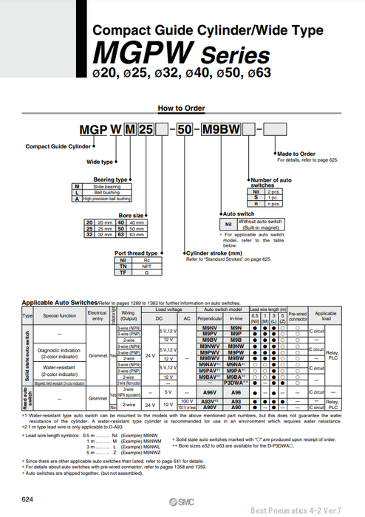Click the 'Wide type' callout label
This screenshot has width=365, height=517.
coord(100,162)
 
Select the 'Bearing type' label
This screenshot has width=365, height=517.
coord(111,179)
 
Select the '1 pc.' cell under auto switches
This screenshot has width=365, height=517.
coord(270,197)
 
